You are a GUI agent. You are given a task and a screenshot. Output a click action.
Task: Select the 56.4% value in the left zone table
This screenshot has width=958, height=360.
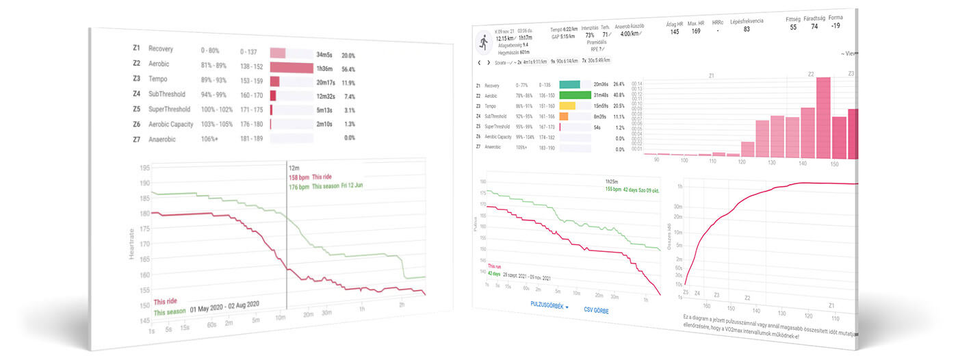pyautogui.click(x=348, y=68)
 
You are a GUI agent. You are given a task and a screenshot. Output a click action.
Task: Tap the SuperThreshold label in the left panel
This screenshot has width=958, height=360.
pyautogui.click(x=168, y=110)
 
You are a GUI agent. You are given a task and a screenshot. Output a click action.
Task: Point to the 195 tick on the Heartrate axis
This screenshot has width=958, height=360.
pyautogui.click(x=144, y=168)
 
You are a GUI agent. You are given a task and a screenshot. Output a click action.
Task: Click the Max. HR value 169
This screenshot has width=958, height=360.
pyautogui.click(x=695, y=31)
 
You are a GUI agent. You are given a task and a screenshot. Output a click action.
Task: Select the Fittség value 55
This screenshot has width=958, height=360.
pyautogui.click(x=793, y=27)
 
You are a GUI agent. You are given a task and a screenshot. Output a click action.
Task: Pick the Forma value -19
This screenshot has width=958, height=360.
pyautogui.click(x=836, y=26)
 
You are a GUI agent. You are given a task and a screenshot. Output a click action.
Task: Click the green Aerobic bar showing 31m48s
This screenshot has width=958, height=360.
pyautogui.click(x=575, y=95)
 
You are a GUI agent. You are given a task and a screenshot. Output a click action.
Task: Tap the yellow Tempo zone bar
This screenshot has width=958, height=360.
pyautogui.click(x=568, y=105)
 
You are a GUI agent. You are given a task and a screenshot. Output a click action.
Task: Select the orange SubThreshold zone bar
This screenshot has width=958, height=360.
pyautogui.click(x=564, y=116)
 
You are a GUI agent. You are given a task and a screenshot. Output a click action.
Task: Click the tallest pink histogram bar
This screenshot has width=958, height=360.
pyautogui.click(x=823, y=117)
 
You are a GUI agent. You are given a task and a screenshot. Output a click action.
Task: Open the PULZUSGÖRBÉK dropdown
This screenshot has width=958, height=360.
pyautogui.click(x=549, y=306)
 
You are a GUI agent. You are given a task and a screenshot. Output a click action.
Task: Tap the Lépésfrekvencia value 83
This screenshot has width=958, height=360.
pyautogui.click(x=747, y=29)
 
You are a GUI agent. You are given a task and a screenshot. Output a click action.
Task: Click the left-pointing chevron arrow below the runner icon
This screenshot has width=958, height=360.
pyautogui.click(x=479, y=62)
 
